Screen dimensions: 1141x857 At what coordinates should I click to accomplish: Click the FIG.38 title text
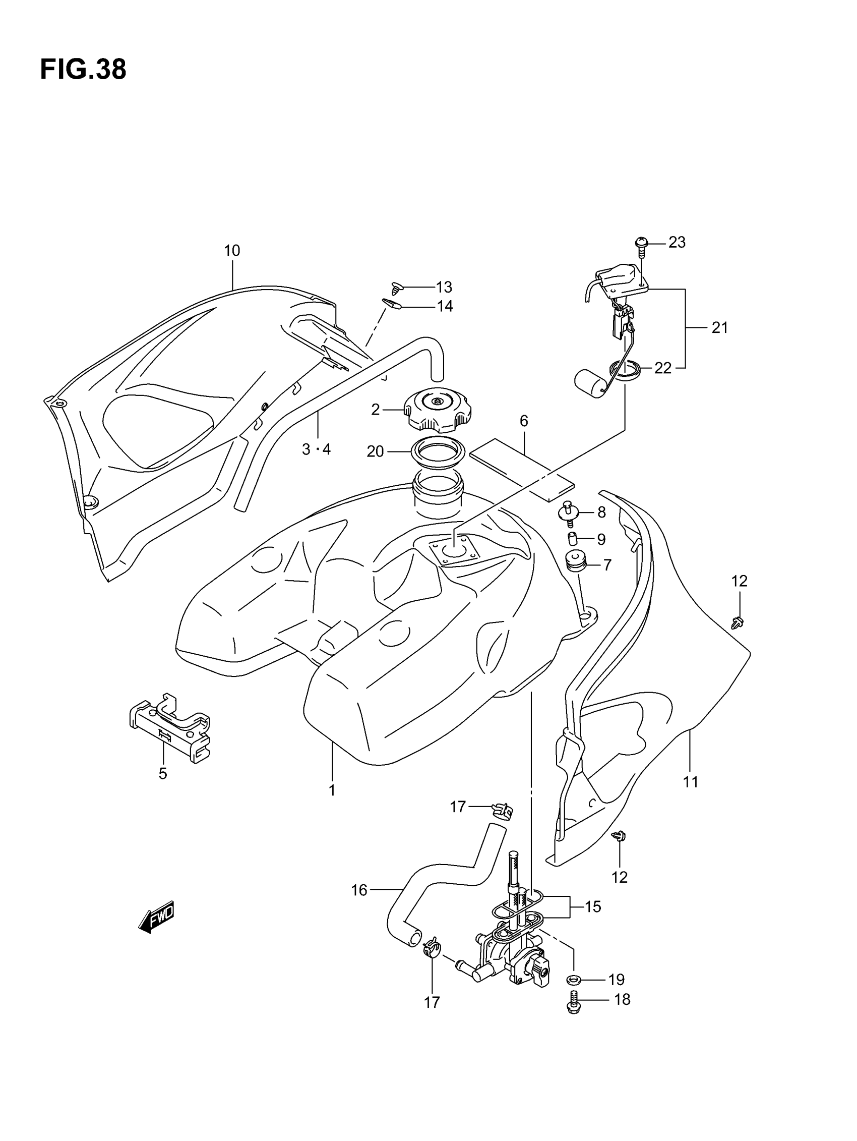coord(83,70)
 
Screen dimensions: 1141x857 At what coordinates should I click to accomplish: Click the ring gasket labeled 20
coord(438,452)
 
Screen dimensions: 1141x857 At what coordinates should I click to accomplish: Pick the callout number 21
coord(719,327)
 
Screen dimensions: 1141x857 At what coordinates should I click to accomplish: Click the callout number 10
coord(232,251)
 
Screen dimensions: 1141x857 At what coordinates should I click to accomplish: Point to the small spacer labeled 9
coord(572,540)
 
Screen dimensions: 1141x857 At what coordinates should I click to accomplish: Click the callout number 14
coord(445,306)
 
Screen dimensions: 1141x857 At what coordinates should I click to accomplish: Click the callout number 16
coord(359,890)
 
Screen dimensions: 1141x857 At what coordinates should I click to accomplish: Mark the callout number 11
coord(691,782)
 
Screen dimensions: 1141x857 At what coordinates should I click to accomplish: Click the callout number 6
coord(523,421)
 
